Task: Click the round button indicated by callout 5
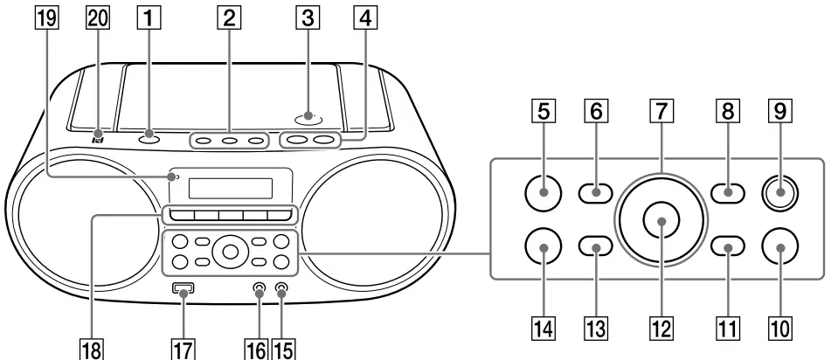click(544, 191)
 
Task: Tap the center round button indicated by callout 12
click(661, 221)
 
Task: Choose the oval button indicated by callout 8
click(727, 191)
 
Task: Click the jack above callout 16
click(260, 290)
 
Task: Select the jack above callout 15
click(281, 290)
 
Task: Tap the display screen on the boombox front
click(229, 185)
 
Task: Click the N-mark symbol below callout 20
click(99, 138)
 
